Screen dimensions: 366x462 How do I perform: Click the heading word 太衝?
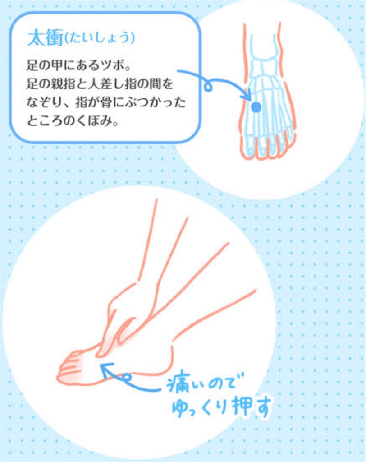pyautogui.click(x=46, y=38)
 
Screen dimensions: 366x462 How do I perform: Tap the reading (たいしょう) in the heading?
pyautogui.click(x=100, y=38)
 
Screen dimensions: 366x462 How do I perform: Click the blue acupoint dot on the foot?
pyautogui.click(x=256, y=107)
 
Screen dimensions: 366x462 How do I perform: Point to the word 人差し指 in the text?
pyautogui.click(x=113, y=83)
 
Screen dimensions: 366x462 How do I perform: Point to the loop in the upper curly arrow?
pyautogui.click(x=209, y=87)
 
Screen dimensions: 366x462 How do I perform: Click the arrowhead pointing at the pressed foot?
pyautogui.click(x=106, y=369)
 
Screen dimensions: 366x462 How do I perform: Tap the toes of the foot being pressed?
pyautogui.click(x=71, y=366)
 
